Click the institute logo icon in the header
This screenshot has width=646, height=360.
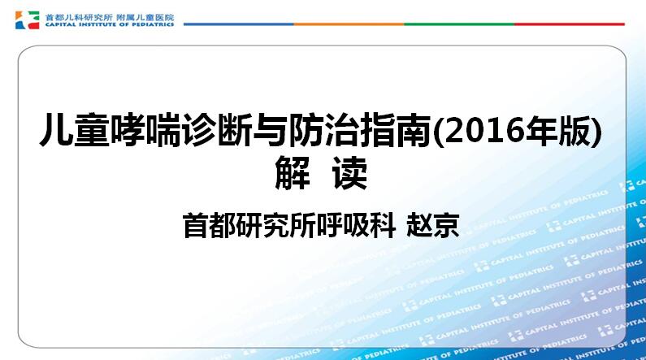[27, 20]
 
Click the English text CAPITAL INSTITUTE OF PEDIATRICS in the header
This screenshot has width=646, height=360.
[110, 24]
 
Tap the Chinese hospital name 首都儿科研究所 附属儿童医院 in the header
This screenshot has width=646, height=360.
[110, 17]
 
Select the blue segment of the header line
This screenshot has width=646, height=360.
[239, 24]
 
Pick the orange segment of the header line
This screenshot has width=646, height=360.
[349, 24]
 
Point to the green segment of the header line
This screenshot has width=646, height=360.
[459, 24]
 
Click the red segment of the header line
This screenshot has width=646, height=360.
[570, 24]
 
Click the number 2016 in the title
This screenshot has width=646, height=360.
[487, 130]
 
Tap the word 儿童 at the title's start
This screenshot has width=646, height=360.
[75, 130]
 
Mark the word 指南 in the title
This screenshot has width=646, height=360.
[396, 130]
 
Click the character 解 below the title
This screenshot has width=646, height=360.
[293, 172]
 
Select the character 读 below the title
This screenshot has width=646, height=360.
[349, 172]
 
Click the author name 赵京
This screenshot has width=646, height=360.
[432, 225]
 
